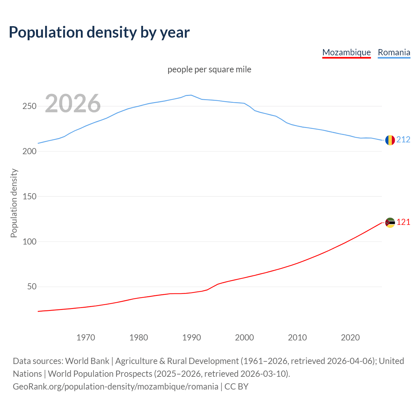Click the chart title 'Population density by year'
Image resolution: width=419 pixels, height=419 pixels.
[99, 32]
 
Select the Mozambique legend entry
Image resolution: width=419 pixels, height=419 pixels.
[346, 52]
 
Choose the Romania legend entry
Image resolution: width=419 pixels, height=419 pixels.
[394, 52]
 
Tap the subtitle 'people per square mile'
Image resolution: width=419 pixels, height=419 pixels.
[209, 70]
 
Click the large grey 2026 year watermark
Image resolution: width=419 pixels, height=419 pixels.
[73, 103]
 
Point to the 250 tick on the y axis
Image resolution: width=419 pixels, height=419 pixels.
[29, 106]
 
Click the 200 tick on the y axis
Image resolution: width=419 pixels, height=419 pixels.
[29, 152]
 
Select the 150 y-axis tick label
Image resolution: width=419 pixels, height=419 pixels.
[29, 197]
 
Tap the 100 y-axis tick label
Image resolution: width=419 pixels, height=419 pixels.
[29, 242]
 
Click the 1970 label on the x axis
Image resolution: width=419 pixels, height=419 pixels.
[86, 337]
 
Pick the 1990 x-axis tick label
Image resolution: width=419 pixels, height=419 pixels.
[191, 337]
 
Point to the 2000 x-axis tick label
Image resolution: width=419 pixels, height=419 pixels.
[245, 337]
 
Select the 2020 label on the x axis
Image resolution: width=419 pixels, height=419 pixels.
[350, 337]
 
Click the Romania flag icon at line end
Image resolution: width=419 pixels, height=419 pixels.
[390, 140]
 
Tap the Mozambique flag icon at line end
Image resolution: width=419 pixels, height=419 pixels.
[390, 223]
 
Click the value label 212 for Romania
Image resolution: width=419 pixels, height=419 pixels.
[403, 140]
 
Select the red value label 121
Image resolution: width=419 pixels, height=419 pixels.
[403, 222]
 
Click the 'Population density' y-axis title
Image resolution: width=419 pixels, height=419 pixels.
[14, 203]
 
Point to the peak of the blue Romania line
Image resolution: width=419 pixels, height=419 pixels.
[191, 95]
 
